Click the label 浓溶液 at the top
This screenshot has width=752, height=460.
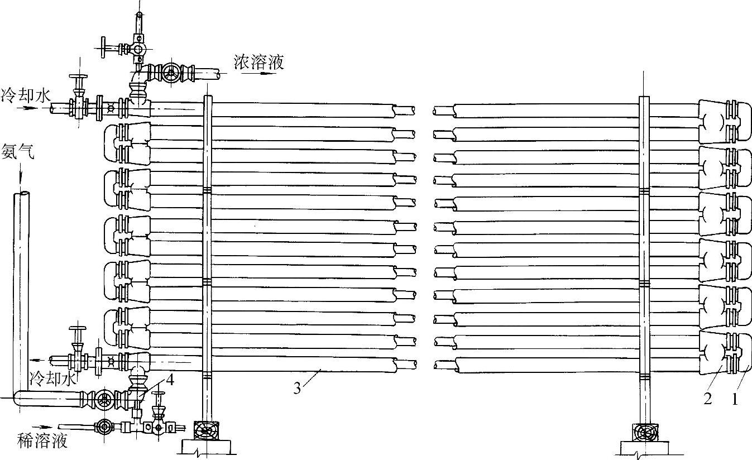(x=258, y=61)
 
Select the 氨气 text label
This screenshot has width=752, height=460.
(x=18, y=152)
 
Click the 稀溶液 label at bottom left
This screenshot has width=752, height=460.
(x=43, y=441)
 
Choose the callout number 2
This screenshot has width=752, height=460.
(x=707, y=399)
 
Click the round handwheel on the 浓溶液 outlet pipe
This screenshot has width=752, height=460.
(x=171, y=73)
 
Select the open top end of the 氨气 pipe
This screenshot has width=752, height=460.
(x=21, y=194)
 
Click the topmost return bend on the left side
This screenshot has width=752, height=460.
(x=126, y=138)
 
